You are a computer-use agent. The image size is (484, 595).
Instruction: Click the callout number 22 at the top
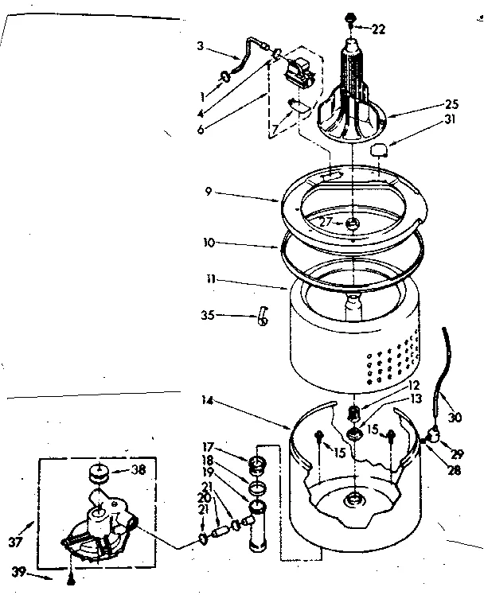click(377, 29)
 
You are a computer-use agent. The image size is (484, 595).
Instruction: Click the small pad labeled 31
click(379, 149)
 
